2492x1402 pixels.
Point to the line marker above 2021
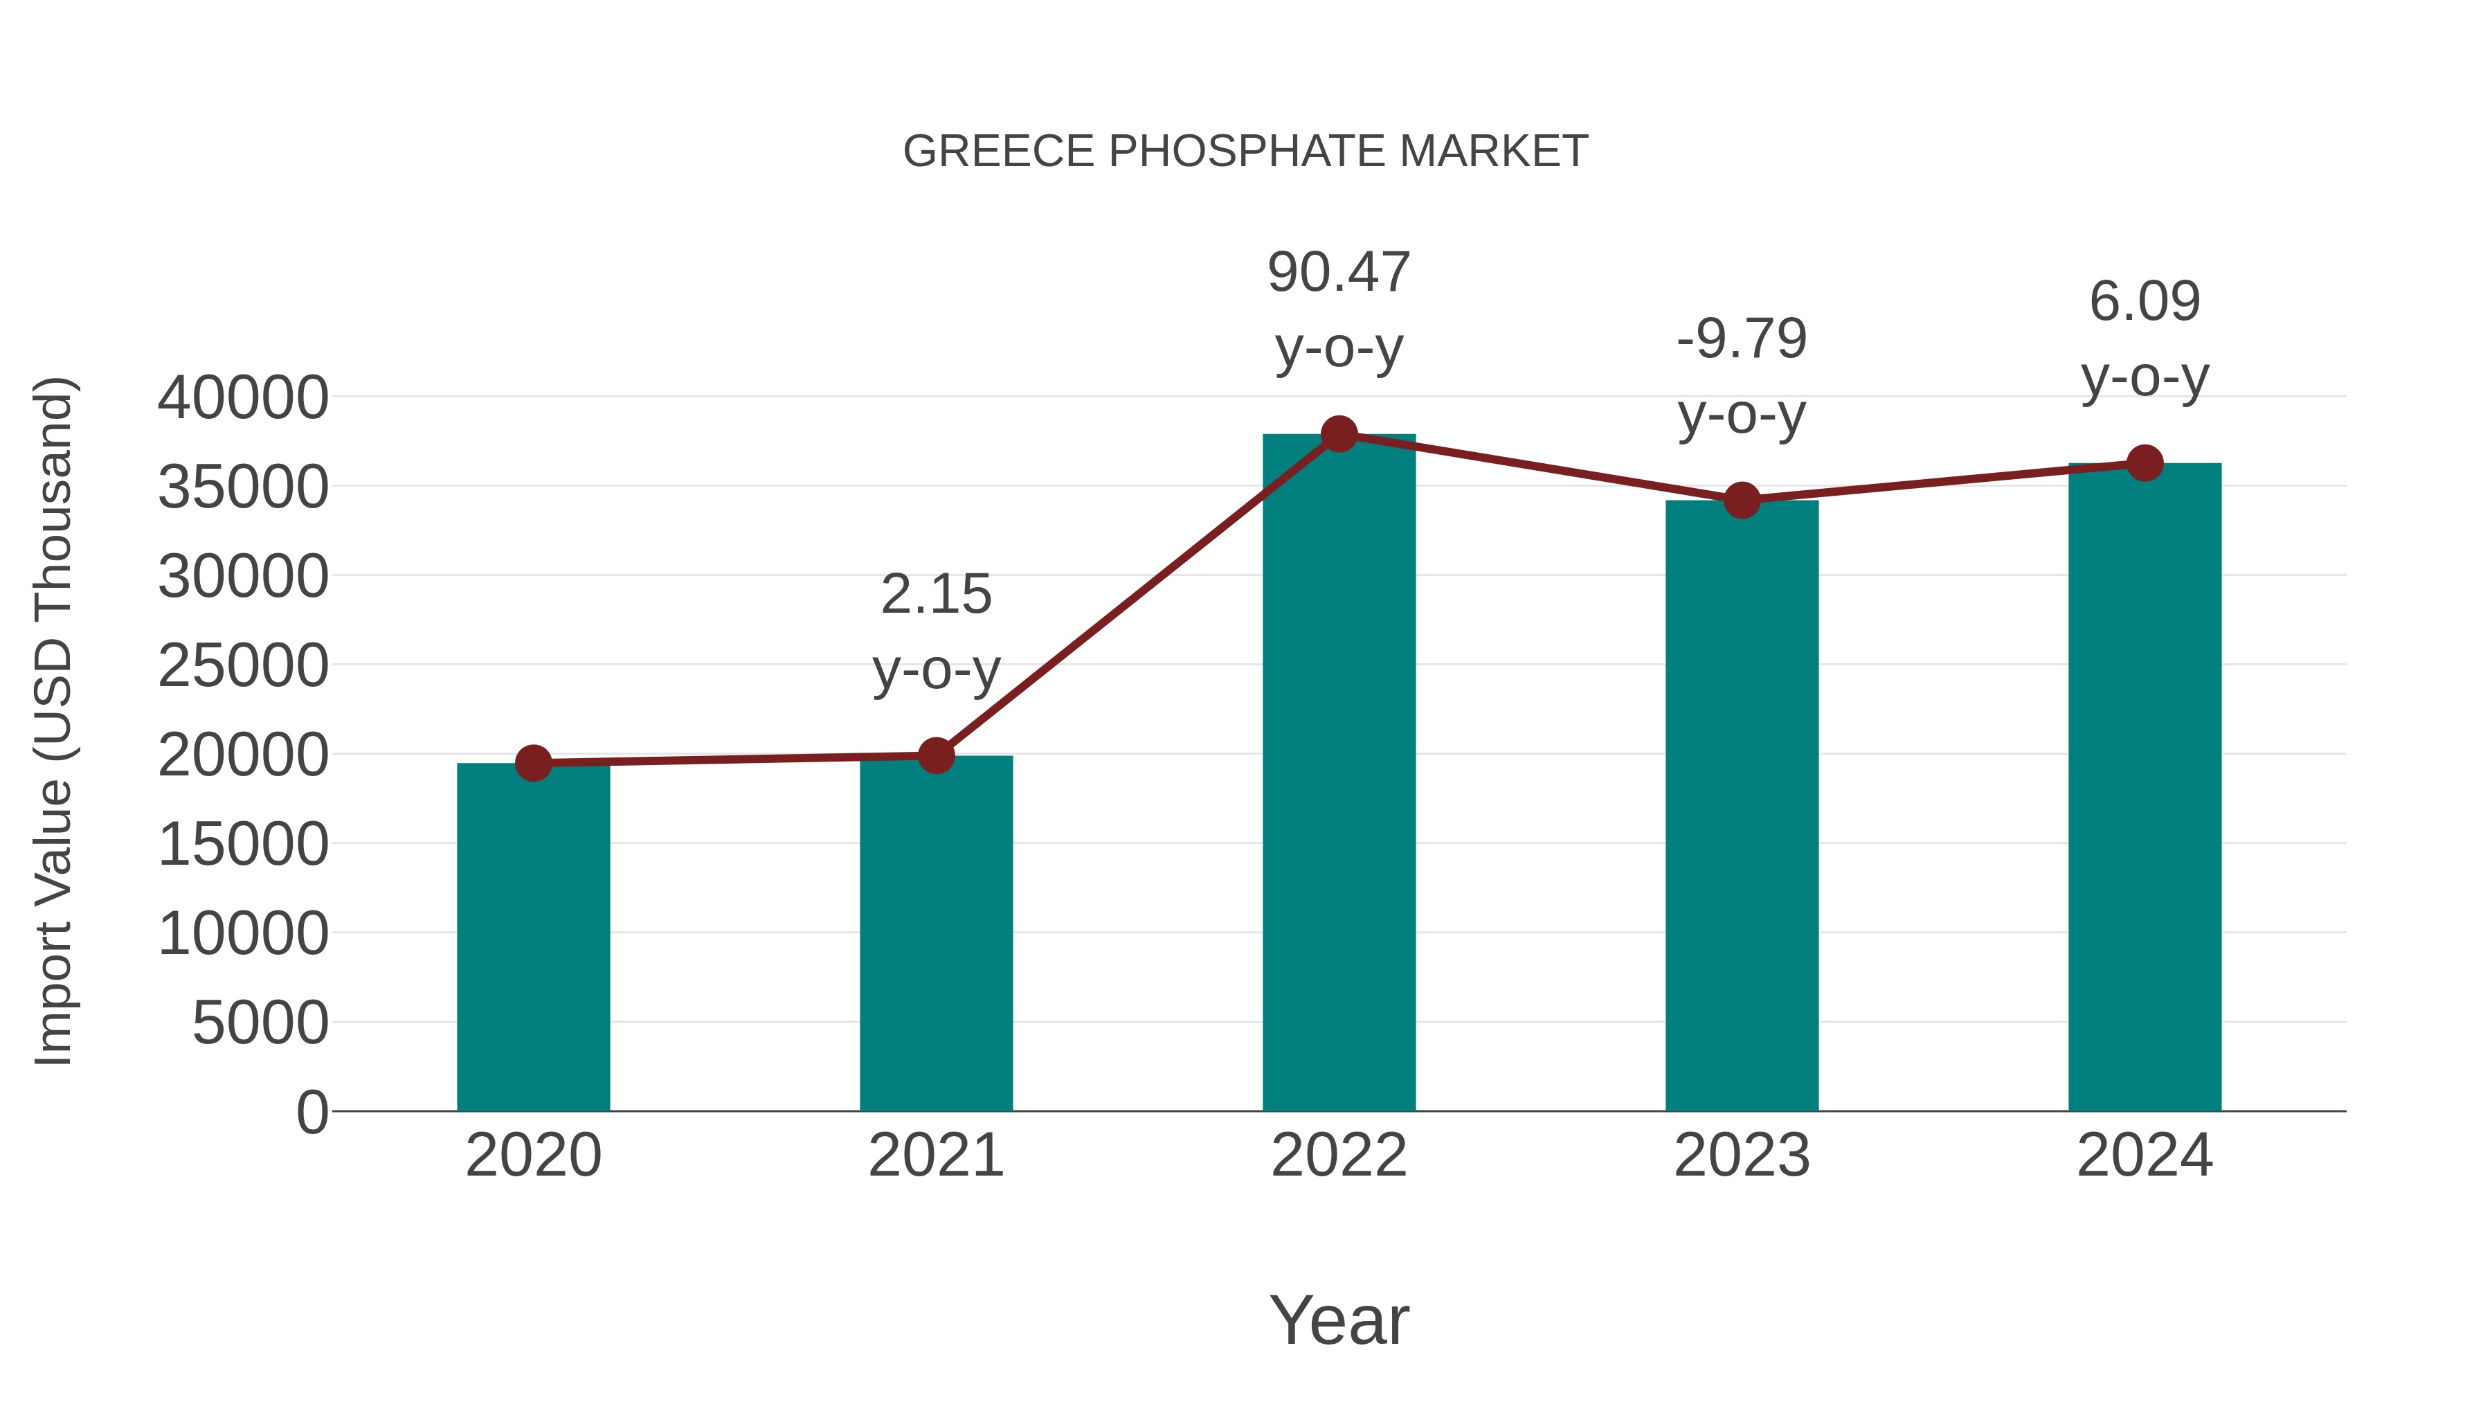(935, 755)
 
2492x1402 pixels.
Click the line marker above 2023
(1742, 501)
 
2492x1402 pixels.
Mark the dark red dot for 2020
(533, 764)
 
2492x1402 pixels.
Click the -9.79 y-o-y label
(1742, 377)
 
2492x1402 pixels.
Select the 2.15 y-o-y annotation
(935, 632)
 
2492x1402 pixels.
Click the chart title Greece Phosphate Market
(1245, 152)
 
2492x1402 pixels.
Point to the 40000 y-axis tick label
(243, 397)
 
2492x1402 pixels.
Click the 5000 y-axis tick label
(260, 1023)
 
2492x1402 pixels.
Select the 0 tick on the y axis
(312, 1112)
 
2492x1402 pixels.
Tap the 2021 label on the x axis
(935, 1156)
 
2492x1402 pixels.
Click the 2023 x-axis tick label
(1742, 1156)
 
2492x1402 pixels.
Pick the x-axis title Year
(1339, 1320)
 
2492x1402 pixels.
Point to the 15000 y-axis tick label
(243, 845)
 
